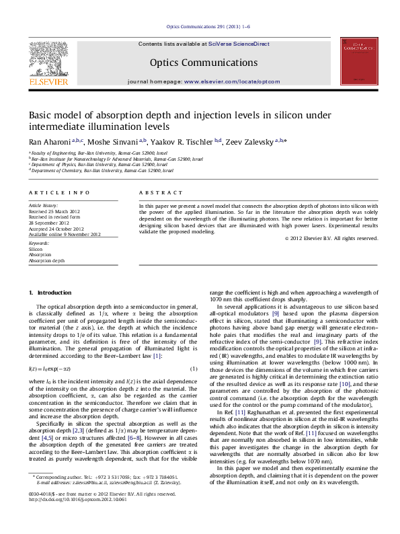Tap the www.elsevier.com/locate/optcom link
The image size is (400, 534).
point(231,81)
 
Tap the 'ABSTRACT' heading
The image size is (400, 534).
point(155,192)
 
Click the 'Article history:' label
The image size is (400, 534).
point(43,204)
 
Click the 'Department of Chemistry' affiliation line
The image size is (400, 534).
point(100,171)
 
